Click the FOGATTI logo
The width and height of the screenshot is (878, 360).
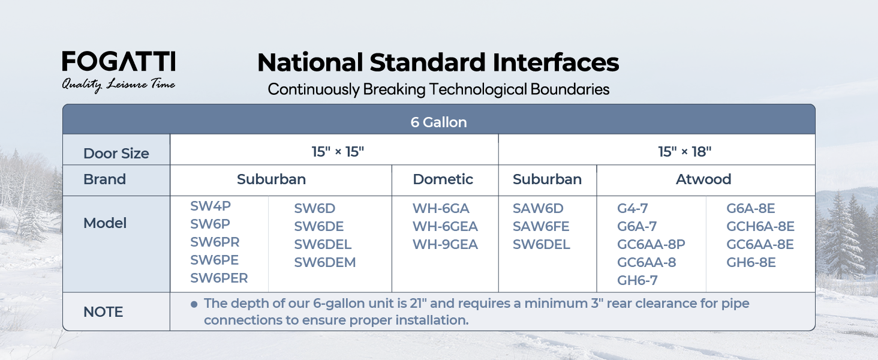click(x=119, y=61)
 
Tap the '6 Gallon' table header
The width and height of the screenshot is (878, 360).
click(x=438, y=122)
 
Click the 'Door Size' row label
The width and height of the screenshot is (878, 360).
click(x=116, y=154)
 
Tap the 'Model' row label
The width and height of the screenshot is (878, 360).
click(x=105, y=223)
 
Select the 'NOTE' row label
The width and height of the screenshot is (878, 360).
click(x=103, y=312)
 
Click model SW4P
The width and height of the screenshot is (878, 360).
click(x=211, y=206)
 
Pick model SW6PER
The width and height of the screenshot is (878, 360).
click(x=219, y=278)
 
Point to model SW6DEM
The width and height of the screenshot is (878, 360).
click(x=325, y=262)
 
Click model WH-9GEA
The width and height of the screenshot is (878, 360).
click(x=445, y=244)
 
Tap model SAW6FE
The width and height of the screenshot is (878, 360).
click(x=541, y=226)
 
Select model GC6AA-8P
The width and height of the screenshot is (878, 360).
click(x=651, y=244)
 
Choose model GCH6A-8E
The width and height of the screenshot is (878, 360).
click(x=760, y=226)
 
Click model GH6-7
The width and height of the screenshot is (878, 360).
click(x=638, y=280)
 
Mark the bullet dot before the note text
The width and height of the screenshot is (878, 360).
click(x=194, y=304)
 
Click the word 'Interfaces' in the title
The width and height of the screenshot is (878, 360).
click(x=555, y=62)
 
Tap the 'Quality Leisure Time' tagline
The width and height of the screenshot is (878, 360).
click(x=118, y=85)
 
